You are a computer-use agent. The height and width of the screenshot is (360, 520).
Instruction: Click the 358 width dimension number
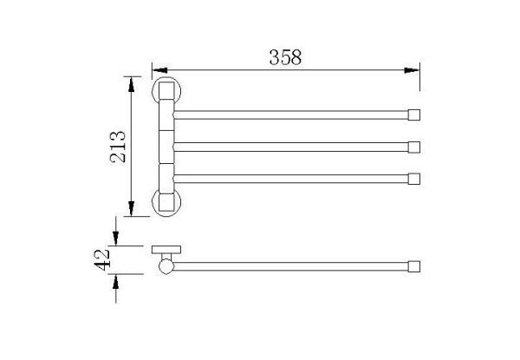[285, 57]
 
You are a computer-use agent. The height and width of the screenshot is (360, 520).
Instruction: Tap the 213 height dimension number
[118, 147]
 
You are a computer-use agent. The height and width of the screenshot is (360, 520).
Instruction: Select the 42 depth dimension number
[101, 259]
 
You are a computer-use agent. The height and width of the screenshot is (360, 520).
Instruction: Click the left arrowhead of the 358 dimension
[159, 70]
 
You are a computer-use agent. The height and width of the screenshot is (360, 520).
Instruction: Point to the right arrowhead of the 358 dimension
[412, 70]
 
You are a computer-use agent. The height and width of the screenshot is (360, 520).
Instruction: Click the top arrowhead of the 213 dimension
[132, 84]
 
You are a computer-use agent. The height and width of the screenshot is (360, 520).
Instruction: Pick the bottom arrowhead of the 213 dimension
[132, 208]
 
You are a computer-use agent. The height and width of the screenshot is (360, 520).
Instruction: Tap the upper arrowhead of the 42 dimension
[116, 238]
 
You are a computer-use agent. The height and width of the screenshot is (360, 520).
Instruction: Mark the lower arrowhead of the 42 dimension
[116, 282]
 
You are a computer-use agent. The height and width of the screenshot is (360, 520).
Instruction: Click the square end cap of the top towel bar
[414, 115]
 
